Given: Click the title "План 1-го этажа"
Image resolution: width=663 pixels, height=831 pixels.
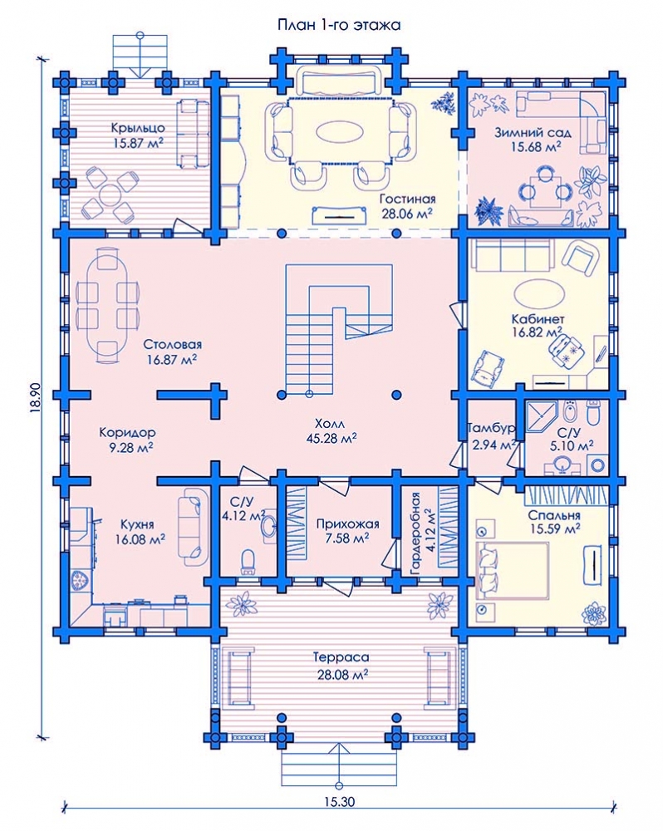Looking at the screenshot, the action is (339, 25).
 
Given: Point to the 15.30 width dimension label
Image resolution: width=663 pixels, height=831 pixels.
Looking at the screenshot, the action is (339, 801).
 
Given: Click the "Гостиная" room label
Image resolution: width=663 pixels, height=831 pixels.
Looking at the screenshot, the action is (408, 199).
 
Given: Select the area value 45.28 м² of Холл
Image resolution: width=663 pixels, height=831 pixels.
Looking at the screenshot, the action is (331, 438).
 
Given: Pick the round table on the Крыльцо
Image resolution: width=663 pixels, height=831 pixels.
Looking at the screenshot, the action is (109, 193).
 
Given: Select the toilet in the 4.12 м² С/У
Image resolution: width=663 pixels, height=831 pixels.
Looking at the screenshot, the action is (248, 561).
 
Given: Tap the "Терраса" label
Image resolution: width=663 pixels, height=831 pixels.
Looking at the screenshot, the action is (341, 657).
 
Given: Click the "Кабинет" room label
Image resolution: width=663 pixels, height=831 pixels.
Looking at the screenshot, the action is (538, 319).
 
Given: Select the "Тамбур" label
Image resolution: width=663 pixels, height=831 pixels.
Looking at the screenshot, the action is (491, 428).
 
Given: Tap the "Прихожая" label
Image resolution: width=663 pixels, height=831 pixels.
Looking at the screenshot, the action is (347, 524).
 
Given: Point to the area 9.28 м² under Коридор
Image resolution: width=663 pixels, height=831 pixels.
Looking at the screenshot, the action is (131, 448).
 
